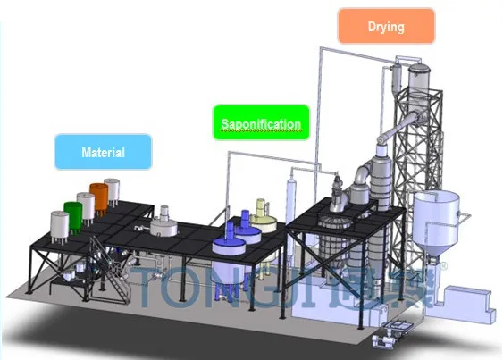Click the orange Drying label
point(386,26)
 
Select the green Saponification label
point(261,122)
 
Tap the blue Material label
point(103,152)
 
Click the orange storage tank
point(99,199)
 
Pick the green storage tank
point(73,218)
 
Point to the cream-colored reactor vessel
point(264,219)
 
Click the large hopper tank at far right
point(436,222)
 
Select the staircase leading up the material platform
point(111,270)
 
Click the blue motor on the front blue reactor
point(230,231)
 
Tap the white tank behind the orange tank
point(113,192)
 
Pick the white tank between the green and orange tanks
point(87,208)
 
